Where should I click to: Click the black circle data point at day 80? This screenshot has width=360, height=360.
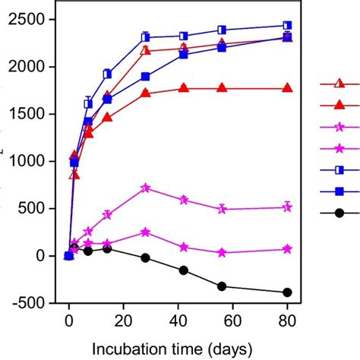coord(287,292)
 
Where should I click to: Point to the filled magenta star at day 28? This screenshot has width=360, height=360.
coord(145,232)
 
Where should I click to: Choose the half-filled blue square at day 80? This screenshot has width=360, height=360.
coord(287,25)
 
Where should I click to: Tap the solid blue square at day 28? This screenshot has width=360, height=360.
coord(145,77)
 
